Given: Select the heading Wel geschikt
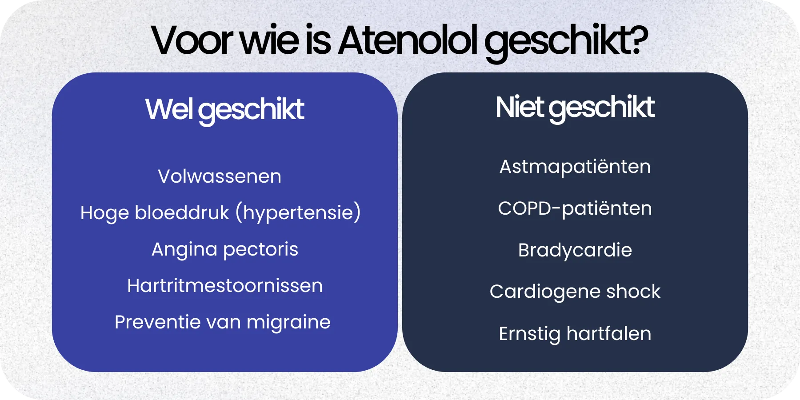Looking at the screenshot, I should click(x=224, y=109).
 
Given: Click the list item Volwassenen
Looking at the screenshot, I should click(x=220, y=176).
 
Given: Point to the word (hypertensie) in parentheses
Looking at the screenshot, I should click(x=298, y=212).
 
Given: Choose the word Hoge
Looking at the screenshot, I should click(x=104, y=213).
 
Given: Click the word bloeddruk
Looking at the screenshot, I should click(x=182, y=212).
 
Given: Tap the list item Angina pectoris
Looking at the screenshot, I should click(x=225, y=249).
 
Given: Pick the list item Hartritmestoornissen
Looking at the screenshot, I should click(x=225, y=286).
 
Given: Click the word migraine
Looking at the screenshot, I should click(x=288, y=322).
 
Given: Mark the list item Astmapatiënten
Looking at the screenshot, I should click(x=575, y=167).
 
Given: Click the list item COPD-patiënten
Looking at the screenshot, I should click(x=575, y=208).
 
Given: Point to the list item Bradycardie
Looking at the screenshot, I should click(x=575, y=250).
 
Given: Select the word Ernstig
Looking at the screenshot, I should click(x=529, y=334).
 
